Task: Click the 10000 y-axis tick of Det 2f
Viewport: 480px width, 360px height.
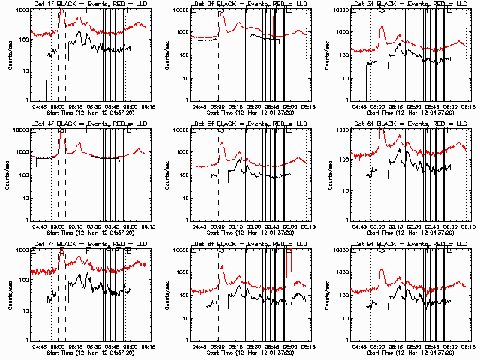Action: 181,10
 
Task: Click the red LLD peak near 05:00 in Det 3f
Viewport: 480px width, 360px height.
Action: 382,28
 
